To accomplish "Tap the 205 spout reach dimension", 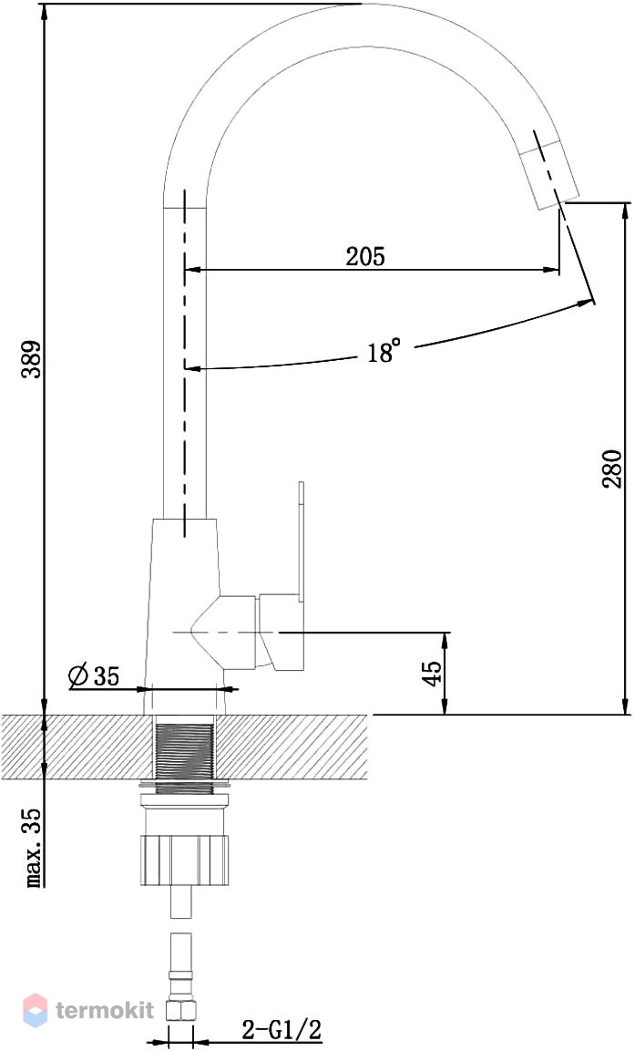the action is coord(365,256).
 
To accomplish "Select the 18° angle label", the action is coord(384,351).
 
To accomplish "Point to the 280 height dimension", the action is coord(611,469).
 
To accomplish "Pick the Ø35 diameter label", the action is coord(94,675).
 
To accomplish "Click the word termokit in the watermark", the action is coord(105,1009).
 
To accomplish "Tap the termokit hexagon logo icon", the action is coord(36,1010).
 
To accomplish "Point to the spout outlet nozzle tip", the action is coord(549,172).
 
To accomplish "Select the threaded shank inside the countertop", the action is coord(185,748).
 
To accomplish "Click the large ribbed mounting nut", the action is coord(185,860).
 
